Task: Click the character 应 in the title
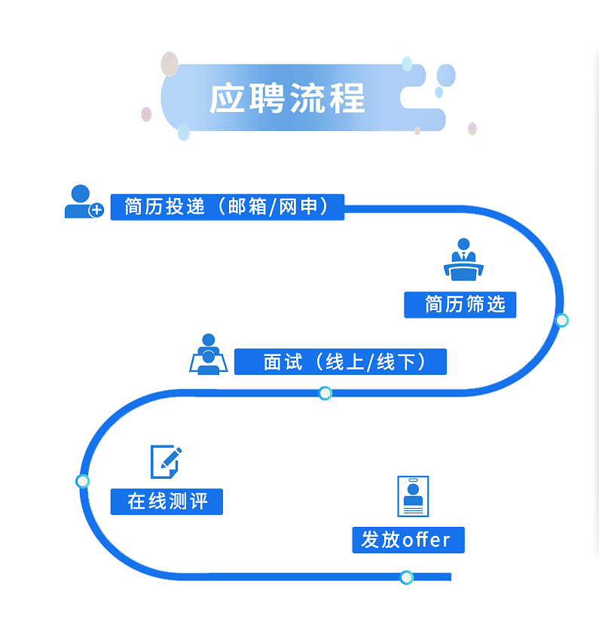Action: coord(228,98)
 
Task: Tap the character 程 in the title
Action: coord(347,98)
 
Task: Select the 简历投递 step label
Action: coord(165,207)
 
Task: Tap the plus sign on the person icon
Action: coord(96,211)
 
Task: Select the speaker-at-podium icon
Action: coord(463,260)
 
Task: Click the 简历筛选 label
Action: coord(460,305)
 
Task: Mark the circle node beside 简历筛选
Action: coord(561,321)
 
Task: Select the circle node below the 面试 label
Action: coord(325,393)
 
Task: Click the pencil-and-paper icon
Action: coord(166,461)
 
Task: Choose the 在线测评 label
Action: coord(167,501)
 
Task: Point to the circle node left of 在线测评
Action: coord(83,481)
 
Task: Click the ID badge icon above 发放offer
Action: coord(412,496)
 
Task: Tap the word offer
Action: coord(426,540)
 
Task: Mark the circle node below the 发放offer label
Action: coord(407,577)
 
